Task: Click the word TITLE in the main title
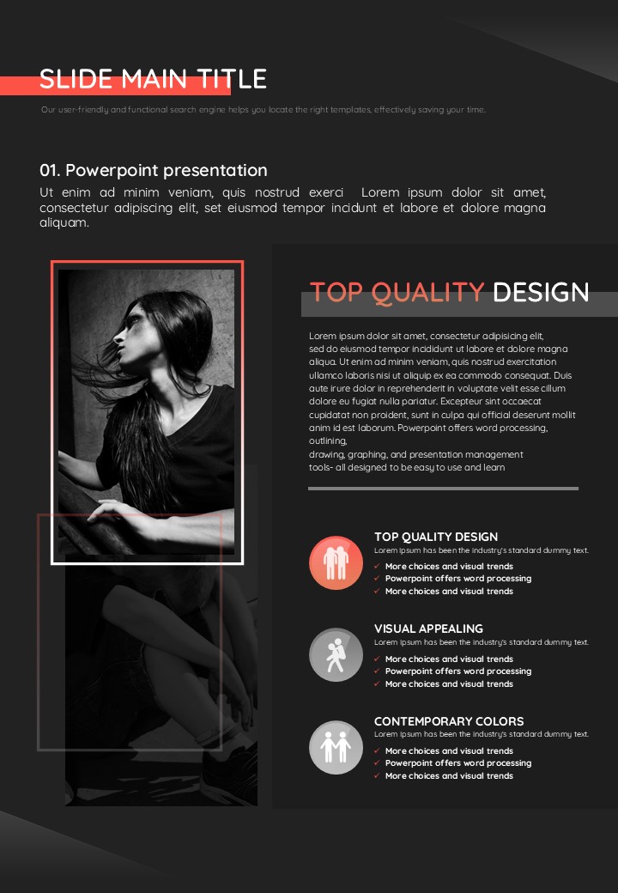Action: point(232,79)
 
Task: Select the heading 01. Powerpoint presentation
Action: point(154,170)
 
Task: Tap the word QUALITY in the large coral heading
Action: point(427,293)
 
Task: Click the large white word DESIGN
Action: point(541,292)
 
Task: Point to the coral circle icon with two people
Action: point(336,562)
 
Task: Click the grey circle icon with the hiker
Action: point(336,655)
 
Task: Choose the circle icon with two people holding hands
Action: point(336,747)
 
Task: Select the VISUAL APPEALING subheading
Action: point(428,629)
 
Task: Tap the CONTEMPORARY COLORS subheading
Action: point(449,721)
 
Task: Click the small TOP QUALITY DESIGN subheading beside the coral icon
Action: point(436,537)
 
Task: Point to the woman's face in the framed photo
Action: point(130,336)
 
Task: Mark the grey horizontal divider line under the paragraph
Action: point(443,488)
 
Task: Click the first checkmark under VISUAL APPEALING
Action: point(377,659)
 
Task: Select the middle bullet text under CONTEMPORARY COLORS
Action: point(458,763)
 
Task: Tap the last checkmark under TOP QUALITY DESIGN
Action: point(377,591)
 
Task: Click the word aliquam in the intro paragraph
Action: point(64,222)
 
